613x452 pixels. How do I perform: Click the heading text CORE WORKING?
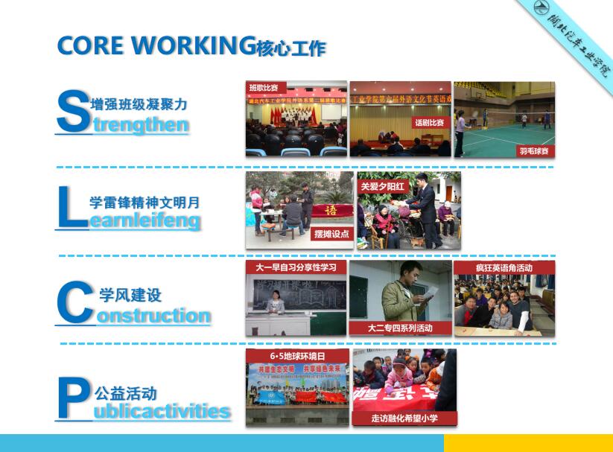click(x=152, y=45)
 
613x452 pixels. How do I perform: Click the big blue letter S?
click(x=72, y=112)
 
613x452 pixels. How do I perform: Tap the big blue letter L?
click(x=72, y=206)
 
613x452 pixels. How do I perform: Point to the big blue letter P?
click(x=73, y=398)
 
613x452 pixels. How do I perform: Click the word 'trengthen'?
click(x=141, y=125)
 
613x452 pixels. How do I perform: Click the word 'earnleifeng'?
click(x=144, y=220)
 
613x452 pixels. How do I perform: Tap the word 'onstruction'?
click(x=153, y=316)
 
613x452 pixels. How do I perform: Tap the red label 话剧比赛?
click(x=429, y=121)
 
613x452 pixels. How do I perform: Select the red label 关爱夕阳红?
click(x=382, y=186)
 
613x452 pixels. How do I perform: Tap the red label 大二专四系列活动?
click(x=399, y=328)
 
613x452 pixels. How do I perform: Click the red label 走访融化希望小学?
click(x=404, y=418)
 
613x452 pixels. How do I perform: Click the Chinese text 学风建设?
click(x=130, y=296)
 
